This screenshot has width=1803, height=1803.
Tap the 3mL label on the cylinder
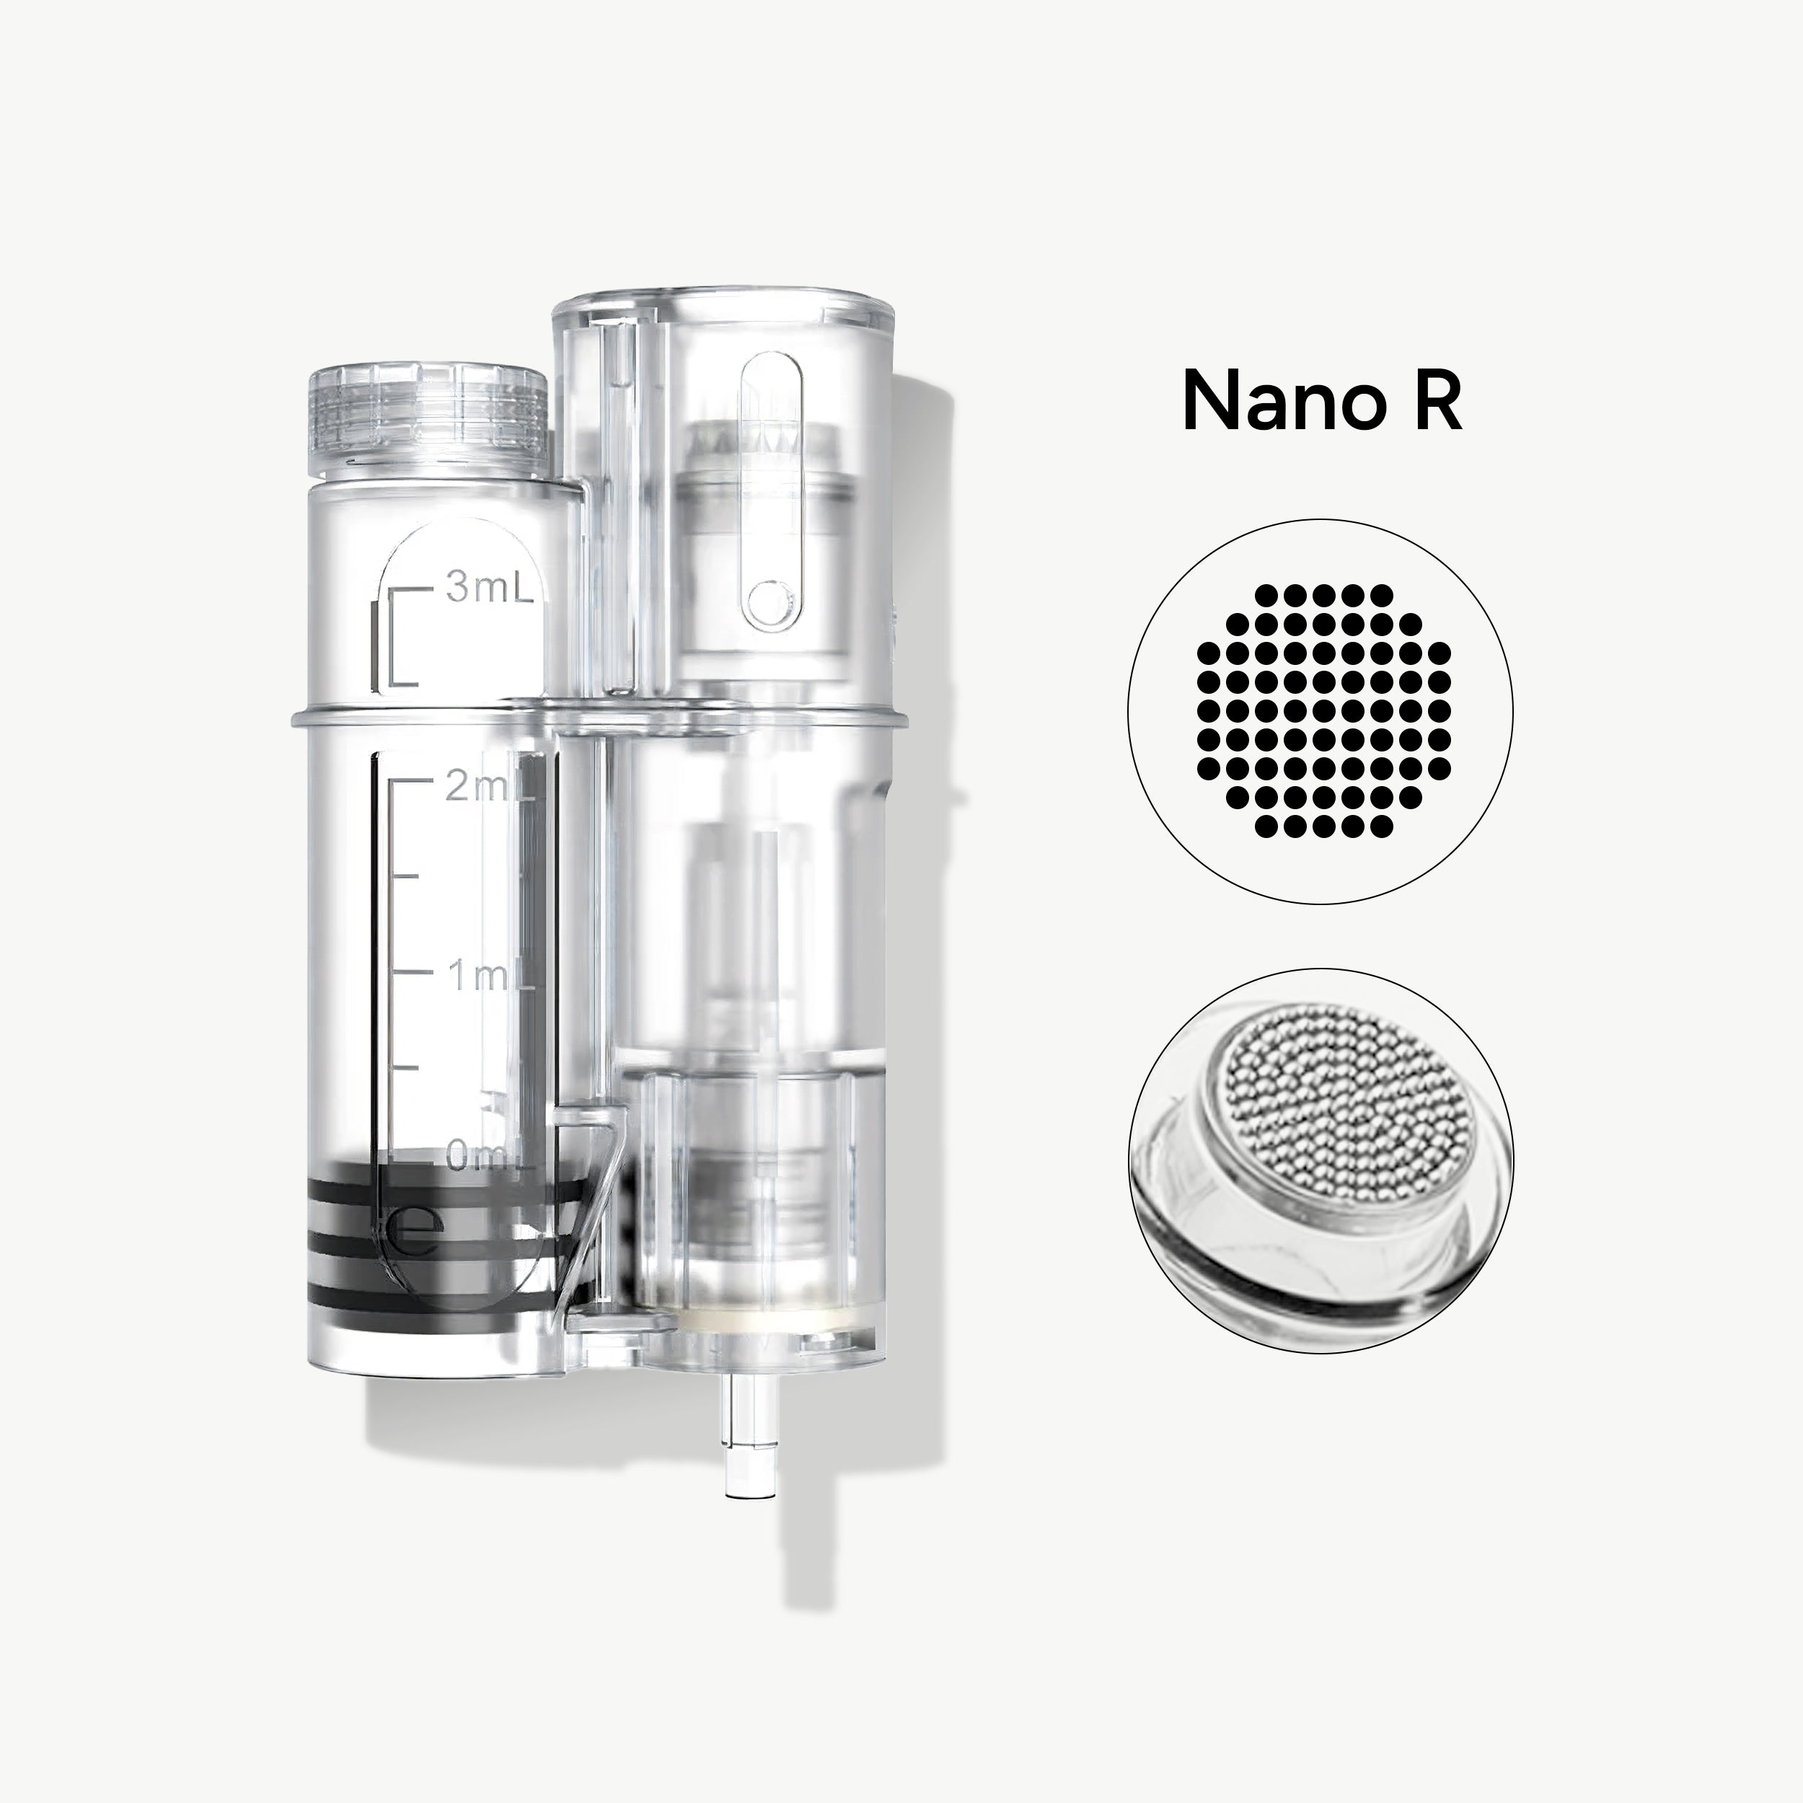coord(488,590)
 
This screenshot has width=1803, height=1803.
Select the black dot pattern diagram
coord(1321,711)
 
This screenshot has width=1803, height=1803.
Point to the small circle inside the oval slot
coord(771,598)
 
